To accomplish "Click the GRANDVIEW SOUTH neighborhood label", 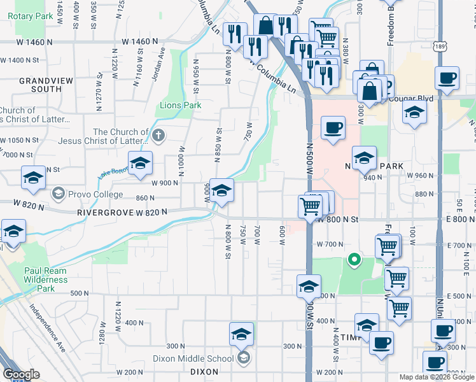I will (40, 85).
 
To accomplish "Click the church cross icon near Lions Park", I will (158, 134).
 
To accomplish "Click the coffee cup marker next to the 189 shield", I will (447, 78).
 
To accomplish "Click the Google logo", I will (22, 374).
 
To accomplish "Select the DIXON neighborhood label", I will (204, 372).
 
